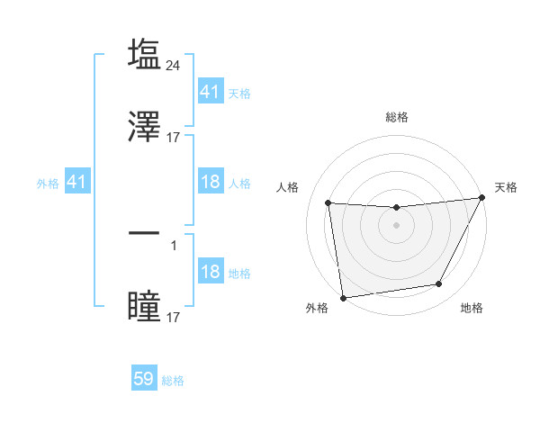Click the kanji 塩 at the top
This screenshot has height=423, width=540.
144,54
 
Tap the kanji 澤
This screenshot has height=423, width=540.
144,127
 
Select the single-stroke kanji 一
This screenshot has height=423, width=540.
144,234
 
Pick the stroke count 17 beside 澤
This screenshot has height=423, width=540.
175,138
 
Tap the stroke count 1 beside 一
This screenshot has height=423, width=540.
174,245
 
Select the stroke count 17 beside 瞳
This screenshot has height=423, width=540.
175,318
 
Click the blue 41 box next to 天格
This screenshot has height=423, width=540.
210,91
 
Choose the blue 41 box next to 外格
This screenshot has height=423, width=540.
76,182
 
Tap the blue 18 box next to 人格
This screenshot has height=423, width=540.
210,182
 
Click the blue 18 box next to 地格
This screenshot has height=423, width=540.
210,272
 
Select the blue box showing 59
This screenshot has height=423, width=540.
144,379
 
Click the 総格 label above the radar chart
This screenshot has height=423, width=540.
397,117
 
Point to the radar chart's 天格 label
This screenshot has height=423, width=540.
506,187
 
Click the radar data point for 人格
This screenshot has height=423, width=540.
328,202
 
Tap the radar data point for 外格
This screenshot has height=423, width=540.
343,297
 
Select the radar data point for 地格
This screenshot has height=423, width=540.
439,284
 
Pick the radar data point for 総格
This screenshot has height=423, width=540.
396,208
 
